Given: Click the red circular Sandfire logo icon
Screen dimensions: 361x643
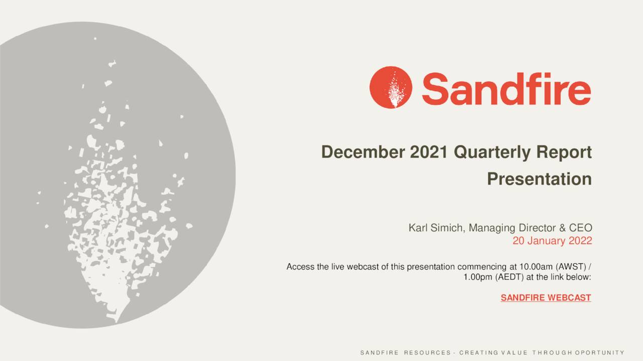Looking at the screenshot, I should pos(390,87).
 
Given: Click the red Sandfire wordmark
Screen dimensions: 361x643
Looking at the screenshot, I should pos(506,88).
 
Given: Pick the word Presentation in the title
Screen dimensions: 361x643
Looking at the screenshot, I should pos(539,179).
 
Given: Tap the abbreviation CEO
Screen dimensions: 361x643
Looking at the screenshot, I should pos(581,228).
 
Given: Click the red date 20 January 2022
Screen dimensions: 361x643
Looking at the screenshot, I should pos(552,241).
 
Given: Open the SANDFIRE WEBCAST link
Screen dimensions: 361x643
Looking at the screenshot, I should pos(546,298).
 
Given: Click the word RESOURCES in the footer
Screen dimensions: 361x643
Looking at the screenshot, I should pos(427,353).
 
